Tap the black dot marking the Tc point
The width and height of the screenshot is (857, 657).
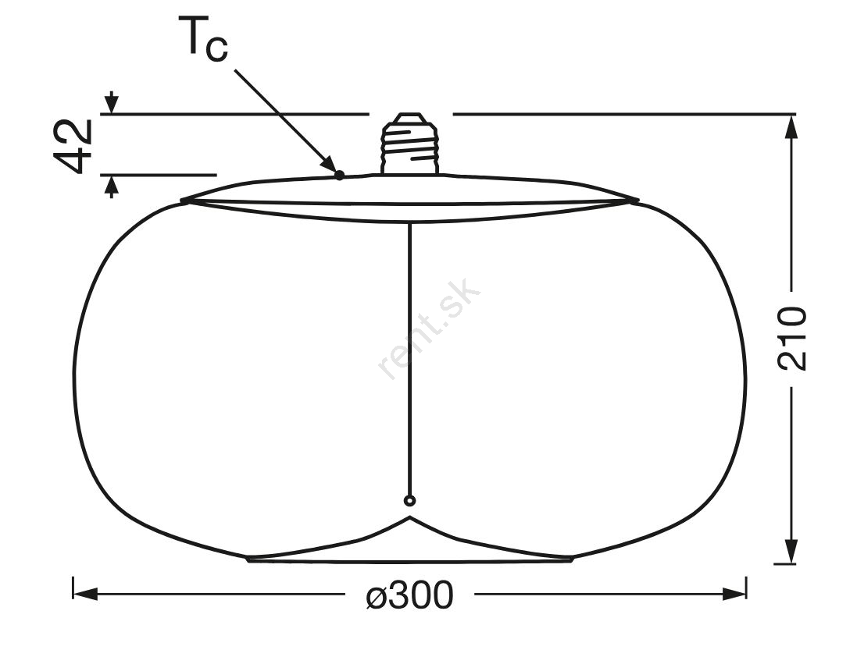[x=339, y=175]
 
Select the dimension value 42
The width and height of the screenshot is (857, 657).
[x=73, y=145]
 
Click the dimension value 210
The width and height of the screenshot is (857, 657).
[x=791, y=339]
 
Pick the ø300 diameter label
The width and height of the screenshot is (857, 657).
[x=409, y=595]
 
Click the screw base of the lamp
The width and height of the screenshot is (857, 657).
[x=410, y=144]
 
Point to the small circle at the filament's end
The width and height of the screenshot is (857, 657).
[x=409, y=500]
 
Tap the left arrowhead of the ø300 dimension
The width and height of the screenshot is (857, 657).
[x=85, y=594]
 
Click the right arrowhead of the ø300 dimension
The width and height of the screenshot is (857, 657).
[x=734, y=594]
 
